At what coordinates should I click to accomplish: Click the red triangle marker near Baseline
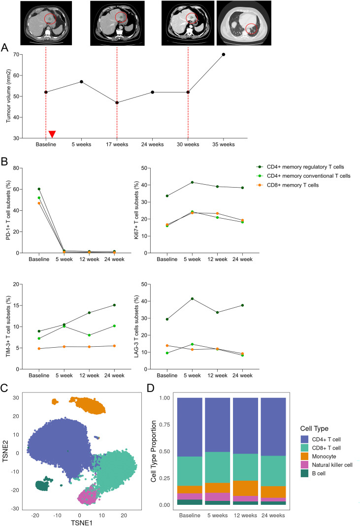click(x=52, y=134)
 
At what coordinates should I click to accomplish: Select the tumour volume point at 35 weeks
click(x=224, y=54)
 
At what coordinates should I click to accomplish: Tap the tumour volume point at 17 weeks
click(x=117, y=102)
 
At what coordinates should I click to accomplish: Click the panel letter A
click(x=4, y=48)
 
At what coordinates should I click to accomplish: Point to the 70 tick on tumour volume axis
click(x=16, y=54)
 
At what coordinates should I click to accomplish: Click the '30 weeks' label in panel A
click(x=188, y=145)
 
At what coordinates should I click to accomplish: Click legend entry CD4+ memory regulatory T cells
click(x=300, y=167)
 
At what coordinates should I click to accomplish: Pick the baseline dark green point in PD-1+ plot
click(x=39, y=189)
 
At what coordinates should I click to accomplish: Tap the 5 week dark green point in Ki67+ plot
click(x=192, y=182)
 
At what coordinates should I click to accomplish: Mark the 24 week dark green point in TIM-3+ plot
click(x=114, y=305)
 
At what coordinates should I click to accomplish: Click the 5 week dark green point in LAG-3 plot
click(x=192, y=298)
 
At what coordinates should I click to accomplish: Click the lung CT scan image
click(x=244, y=23)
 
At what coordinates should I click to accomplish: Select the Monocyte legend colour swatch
click(x=305, y=456)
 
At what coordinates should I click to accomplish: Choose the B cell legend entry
click(x=313, y=473)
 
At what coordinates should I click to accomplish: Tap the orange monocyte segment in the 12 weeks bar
click(x=245, y=489)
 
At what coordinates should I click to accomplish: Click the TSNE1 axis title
click(x=82, y=523)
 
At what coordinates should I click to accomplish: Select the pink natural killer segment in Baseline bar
click(x=190, y=496)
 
